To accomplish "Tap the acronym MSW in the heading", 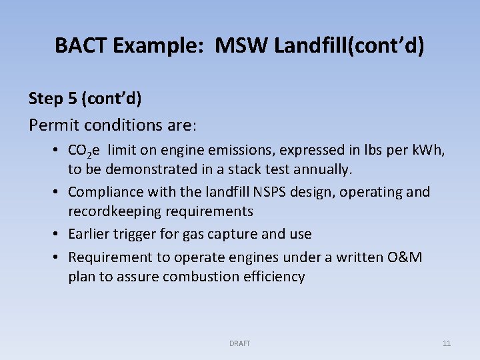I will [234, 46].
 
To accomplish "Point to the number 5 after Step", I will [72, 99].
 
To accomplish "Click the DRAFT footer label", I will [239, 343].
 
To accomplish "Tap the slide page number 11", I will [446, 343].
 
